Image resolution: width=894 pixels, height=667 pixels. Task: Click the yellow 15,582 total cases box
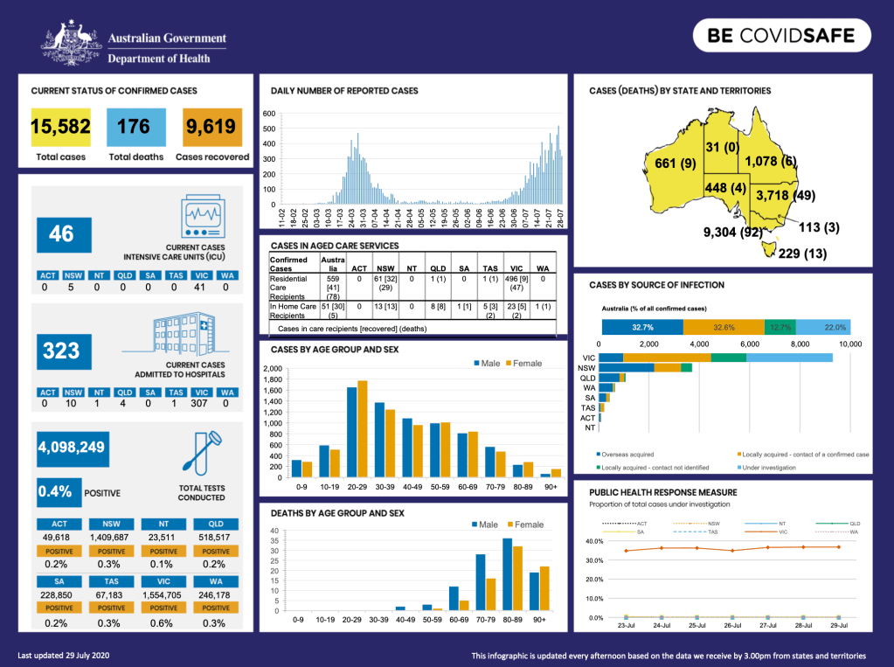coord(60,128)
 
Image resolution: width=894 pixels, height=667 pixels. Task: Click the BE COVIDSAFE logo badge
coord(782,37)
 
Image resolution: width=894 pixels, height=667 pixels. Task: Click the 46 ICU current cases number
coord(62,233)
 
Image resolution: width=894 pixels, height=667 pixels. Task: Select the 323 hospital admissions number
coord(62,351)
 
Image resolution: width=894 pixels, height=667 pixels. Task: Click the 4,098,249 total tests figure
coord(71,448)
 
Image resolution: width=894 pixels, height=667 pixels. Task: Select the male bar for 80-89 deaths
coord(507,574)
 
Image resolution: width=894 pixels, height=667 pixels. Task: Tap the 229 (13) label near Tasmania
coord(801,254)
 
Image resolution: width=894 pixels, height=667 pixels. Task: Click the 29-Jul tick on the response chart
coord(839,626)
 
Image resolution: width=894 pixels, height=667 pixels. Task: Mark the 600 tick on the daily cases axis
coord(269,114)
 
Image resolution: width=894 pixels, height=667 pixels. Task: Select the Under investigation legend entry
coord(770,467)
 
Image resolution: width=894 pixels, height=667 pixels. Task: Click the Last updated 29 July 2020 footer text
coord(64,655)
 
